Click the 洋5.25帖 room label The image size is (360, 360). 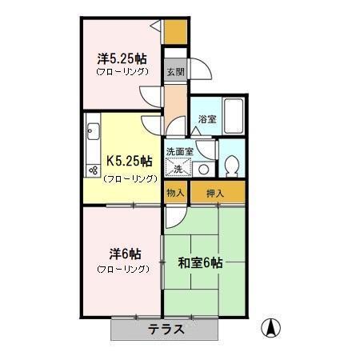pos(122,58)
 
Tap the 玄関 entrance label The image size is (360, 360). pos(174,71)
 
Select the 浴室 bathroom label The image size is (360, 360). pos(206,119)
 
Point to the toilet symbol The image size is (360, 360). pos(233,165)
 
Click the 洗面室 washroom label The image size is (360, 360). pos(179,151)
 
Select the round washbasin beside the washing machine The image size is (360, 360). pos(203,168)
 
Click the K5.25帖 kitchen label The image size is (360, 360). pos(122,159)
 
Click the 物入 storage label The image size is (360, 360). pos(175,193)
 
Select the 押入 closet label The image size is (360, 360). pos(214,193)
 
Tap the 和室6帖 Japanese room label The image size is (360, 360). pos(199,262)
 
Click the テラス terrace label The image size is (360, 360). pos(166,329)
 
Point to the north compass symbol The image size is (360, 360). pos(273,326)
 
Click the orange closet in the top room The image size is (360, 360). pos(175,30)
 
